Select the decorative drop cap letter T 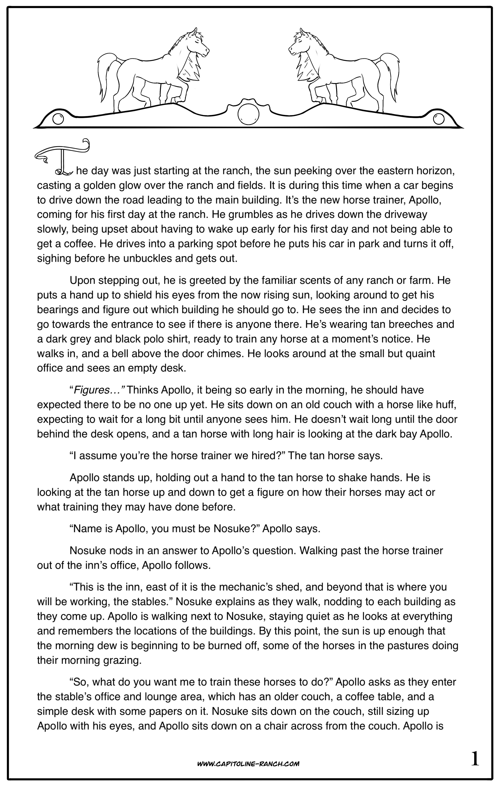tap(62, 157)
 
